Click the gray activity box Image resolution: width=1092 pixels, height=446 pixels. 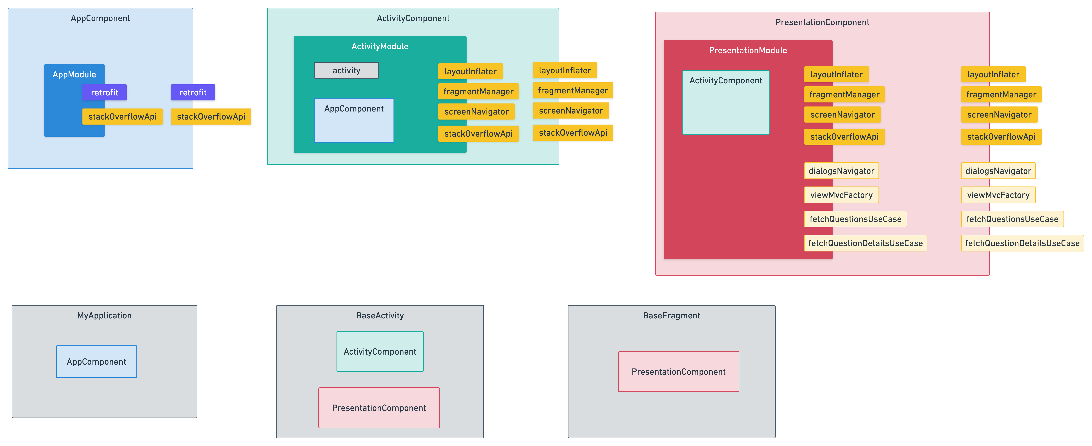[346, 70]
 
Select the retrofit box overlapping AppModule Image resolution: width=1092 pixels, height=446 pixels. [104, 92]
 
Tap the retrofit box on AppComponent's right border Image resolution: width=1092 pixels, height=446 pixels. [193, 92]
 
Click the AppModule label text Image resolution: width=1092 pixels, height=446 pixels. [74, 75]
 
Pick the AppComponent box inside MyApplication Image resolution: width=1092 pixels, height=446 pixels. [97, 362]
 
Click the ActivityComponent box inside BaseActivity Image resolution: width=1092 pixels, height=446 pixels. [380, 352]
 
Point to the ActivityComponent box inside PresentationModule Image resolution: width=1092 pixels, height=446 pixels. [726, 102]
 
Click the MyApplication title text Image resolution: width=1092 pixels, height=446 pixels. [104, 316]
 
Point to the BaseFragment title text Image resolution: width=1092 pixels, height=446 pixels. [672, 316]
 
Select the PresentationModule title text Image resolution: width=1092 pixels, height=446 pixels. [748, 50]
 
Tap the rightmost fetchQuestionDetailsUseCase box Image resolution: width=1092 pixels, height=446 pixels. [1022, 243]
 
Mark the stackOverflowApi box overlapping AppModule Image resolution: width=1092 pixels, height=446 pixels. [123, 117]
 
